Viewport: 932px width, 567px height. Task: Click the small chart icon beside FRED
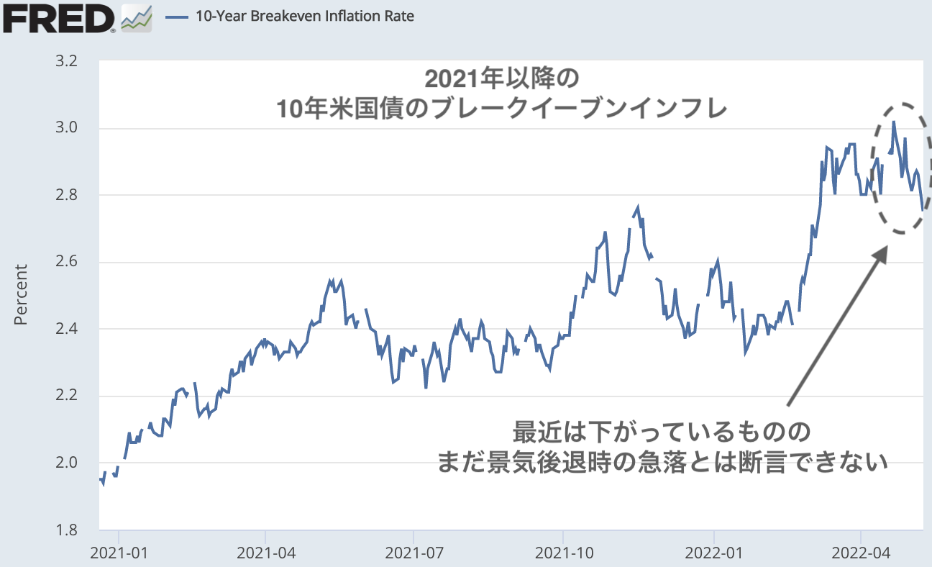(x=137, y=18)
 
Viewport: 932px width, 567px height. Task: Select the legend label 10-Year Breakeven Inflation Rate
(x=305, y=15)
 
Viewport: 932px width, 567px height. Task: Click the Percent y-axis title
(x=21, y=295)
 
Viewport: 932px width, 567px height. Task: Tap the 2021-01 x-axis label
(x=119, y=553)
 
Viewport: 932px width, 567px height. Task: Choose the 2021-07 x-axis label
(x=414, y=553)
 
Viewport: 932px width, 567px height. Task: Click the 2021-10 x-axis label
(x=563, y=553)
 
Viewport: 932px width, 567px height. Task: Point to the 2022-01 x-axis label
(x=714, y=553)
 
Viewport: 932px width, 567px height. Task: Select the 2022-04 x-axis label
(x=861, y=553)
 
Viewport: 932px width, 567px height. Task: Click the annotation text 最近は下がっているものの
(x=662, y=433)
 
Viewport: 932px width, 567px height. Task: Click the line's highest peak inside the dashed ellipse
(x=893, y=122)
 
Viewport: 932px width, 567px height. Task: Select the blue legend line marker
(x=176, y=16)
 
